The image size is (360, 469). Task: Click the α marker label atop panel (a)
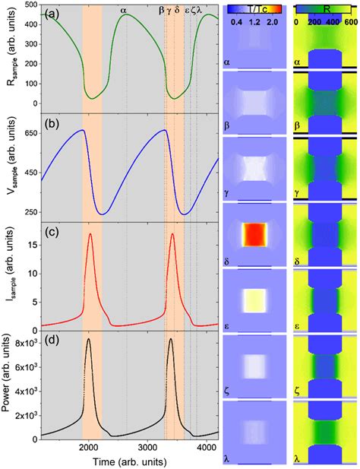point(124,11)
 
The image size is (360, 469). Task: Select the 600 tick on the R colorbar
point(350,21)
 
